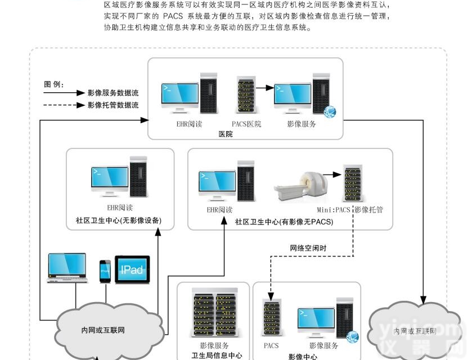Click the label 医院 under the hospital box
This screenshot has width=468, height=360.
pos(226,134)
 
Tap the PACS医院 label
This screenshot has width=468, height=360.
pos(246,124)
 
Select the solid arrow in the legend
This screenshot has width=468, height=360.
pos(63,93)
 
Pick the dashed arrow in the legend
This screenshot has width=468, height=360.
pos(63,105)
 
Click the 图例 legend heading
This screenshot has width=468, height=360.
pos(54,84)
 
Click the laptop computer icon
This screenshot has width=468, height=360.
pos(67,268)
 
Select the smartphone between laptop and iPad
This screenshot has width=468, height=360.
pos(105,271)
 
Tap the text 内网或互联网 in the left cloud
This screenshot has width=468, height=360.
pos(102,330)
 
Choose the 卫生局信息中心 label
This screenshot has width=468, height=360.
pos(214,355)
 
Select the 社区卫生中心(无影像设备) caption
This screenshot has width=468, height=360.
pos(119,220)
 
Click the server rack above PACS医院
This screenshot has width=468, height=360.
pos(245,97)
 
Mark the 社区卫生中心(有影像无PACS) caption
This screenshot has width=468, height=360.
pos(284,222)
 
